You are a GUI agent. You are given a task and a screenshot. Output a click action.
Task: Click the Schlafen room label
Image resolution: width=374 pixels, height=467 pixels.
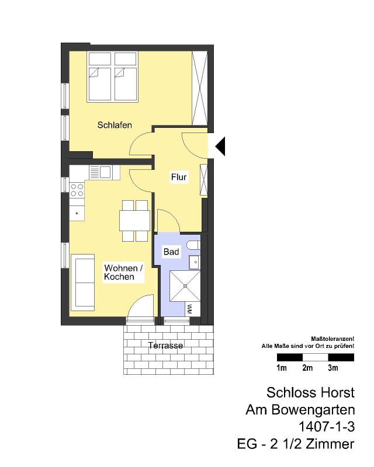pos(115,125)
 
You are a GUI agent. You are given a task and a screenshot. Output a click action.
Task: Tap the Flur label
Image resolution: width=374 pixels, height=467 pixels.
pos(179,177)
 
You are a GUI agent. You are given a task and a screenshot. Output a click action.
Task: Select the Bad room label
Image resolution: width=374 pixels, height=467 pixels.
pos(171,252)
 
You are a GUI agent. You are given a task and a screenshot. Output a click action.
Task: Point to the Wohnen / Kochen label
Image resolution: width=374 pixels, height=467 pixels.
pos(123,272)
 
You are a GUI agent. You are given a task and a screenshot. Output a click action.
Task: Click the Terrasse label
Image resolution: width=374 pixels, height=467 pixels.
pos(165,346)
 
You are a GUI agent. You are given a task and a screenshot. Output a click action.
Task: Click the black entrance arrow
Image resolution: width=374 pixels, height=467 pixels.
pos(221,147)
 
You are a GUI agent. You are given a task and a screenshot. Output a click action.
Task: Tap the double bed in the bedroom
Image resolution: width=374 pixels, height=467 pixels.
pos(112,77)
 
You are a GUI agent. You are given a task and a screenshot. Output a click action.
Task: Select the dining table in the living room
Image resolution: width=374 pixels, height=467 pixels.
pos(135,221)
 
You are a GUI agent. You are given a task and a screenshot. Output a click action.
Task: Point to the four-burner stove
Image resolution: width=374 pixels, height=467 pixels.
pos(77,190)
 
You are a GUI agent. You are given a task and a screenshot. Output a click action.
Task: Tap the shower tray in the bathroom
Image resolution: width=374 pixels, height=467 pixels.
pos(185,286)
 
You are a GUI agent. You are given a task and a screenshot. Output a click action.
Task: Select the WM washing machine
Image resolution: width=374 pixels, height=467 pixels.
pos(189,309)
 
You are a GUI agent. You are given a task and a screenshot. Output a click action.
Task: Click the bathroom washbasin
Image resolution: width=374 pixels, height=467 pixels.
pos(195,262)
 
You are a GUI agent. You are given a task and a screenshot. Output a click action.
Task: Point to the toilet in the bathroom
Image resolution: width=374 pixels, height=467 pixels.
pos(194,245)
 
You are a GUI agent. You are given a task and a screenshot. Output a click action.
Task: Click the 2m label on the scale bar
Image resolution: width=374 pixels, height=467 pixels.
pos(307,368)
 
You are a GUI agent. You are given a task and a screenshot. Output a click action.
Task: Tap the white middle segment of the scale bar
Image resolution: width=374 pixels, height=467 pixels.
pos(316,357)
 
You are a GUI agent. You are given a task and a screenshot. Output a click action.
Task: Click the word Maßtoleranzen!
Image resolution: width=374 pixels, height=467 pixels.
pos(333,339)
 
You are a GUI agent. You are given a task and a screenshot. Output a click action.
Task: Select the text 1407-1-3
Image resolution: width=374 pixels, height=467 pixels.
pos(327,427)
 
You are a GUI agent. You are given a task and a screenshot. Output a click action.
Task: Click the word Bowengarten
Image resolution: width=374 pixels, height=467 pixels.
pos(313,410)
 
